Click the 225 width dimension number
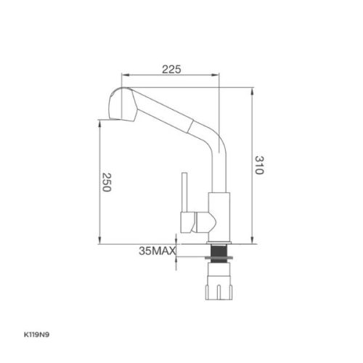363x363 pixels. [171, 69]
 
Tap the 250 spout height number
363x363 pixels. [105, 182]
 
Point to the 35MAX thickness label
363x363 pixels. [155, 252]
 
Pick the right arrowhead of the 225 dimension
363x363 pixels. [218, 76]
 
